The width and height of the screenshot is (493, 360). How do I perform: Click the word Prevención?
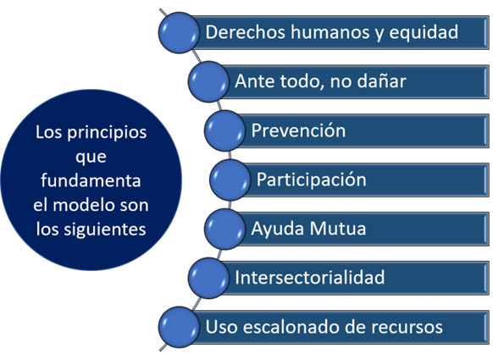(298, 130)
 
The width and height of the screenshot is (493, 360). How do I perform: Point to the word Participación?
(311, 180)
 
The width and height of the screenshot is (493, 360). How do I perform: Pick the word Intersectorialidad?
(310, 277)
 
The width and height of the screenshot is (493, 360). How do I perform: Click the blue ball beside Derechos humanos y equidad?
(179, 32)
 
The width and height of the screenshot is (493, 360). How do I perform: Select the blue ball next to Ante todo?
(208, 81)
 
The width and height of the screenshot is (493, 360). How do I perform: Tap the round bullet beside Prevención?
(224, 130)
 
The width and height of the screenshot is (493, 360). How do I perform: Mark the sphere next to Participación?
(230, 180)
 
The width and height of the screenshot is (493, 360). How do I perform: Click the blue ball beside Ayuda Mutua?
(224, 229)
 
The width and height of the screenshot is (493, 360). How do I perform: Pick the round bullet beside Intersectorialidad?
(208, 278)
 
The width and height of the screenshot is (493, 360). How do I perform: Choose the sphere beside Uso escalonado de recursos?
(179, 327)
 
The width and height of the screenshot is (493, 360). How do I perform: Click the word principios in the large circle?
(107, 133)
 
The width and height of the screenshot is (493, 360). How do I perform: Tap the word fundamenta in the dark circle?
(91, 180)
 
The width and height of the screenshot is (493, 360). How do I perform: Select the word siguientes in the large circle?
(105, 230)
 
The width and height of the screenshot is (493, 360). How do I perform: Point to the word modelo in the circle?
(83, 205)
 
